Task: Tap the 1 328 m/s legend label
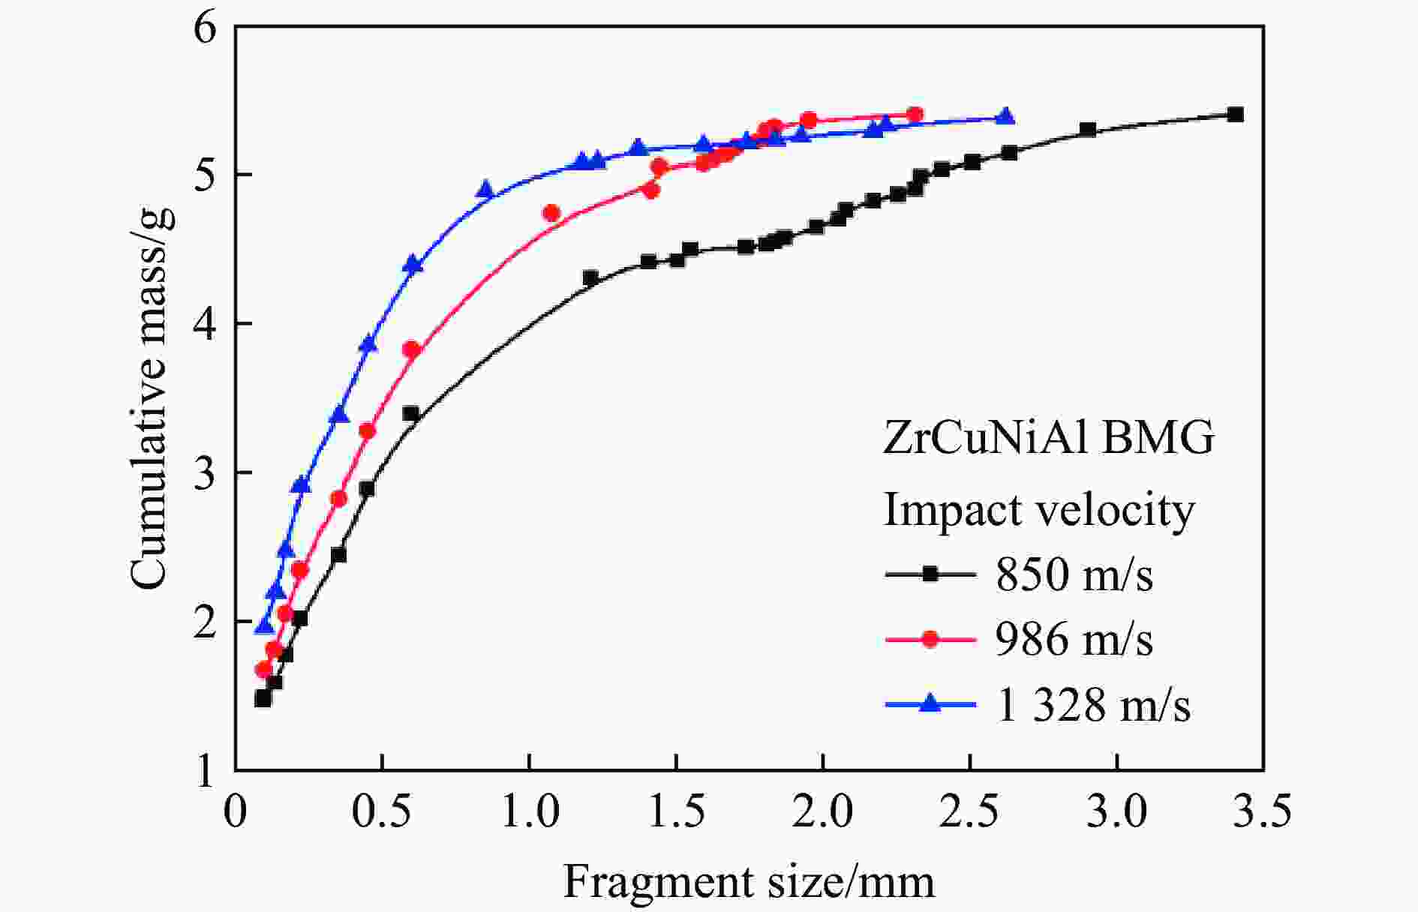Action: [1092, 705]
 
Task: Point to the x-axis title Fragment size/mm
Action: [749, 882]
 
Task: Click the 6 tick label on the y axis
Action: [205, 28]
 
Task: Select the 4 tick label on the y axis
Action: [205, 324]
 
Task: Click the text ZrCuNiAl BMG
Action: [1048, 438]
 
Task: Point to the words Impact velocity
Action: [1039, 511]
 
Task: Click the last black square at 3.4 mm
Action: [1235, 115]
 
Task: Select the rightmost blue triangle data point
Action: [1005, 117]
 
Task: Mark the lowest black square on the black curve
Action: [263, 699]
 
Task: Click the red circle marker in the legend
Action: [930, 640]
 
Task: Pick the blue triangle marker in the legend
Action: [930, 703]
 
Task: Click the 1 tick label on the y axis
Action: [205, 771]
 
